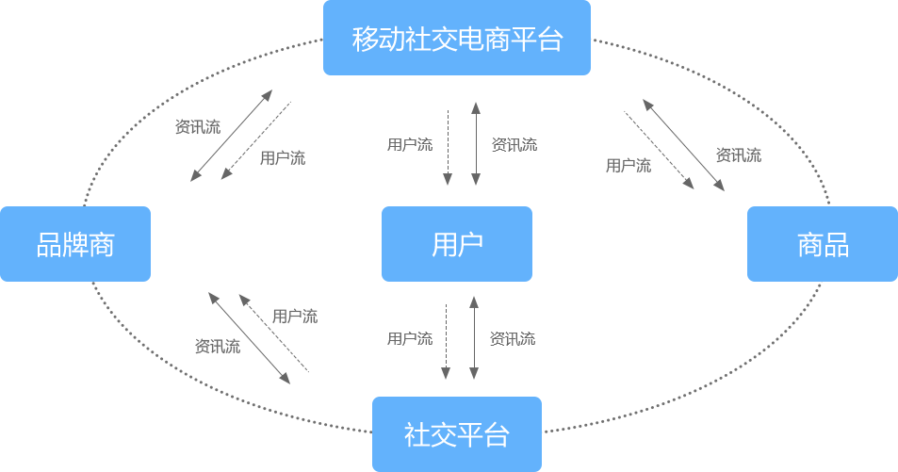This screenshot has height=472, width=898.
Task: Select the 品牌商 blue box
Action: click(x=75, y=244)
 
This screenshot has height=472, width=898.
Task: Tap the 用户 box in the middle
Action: click(x=456, y=243)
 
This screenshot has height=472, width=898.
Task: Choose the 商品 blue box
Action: click(x=822, y=244)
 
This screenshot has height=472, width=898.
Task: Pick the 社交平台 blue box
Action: click(x=456, y=433)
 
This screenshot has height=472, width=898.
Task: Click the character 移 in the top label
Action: click(x=366, y=40)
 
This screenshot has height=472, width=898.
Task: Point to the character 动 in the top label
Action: click(x=392, y=40)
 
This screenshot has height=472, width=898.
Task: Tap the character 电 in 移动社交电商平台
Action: click(x=470, y=40)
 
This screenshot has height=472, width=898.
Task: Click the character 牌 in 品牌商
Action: click(x=75, y=245)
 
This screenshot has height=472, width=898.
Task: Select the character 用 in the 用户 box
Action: click(x=445, y=245)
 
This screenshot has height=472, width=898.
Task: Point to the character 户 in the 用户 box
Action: click(x=470, y=245)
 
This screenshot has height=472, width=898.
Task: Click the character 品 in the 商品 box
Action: click(x=836, y=245)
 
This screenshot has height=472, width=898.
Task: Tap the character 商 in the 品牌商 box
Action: click(x=102, y=245)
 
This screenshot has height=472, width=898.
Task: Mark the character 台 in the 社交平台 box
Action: click(x=497, y=435)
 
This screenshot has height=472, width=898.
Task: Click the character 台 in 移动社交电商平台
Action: click(x=549, y=40)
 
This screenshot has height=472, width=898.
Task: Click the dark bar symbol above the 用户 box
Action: click(x=462, y=144)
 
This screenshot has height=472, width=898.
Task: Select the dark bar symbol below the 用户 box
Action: click(x=461, y=338)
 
